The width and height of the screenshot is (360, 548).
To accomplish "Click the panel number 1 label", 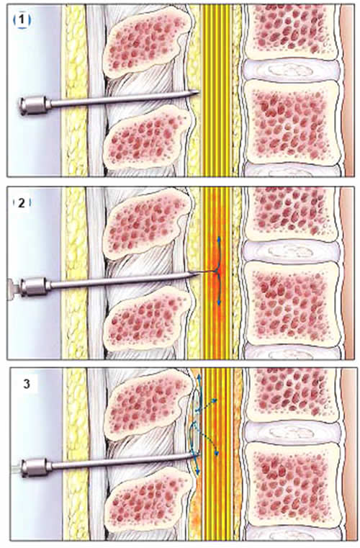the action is click(22, 21).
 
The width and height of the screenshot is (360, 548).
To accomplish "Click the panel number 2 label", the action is click(22, 202).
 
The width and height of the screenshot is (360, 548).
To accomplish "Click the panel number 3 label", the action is click(27, 384).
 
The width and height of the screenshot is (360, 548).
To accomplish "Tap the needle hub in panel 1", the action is click(35, 104).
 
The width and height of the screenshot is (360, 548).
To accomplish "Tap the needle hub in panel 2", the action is click(35, 286).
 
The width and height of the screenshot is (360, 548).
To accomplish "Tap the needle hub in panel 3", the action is click(36, 466).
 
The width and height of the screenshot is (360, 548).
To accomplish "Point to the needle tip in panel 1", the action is click(199, 91).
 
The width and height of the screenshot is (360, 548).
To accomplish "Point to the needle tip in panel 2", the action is click(198, 273).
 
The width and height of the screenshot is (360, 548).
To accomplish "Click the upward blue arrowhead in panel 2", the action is click(219, 239).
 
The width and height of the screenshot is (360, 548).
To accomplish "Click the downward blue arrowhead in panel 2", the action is click(219, 302).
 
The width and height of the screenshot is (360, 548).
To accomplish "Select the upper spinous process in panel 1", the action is click(148, 42).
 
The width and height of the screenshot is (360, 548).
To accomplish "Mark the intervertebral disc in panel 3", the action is click(292, 431).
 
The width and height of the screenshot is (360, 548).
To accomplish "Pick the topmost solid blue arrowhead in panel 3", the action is click(199, 377).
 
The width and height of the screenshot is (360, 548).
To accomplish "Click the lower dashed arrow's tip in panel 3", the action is click(217, 453).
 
